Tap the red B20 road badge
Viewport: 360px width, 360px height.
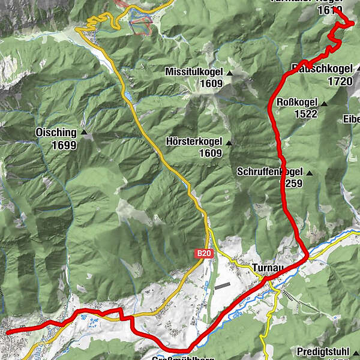(x=204, y=254)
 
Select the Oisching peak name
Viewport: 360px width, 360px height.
(x=56, y=133)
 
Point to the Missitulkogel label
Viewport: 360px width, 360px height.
(x=194, y=72)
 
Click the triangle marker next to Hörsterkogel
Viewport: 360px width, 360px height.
(x=228, y=142)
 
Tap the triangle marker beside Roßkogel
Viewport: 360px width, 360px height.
(x=324, y=104)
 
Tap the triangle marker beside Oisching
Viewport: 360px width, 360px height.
(x=84, y=133)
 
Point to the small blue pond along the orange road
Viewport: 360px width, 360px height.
(x=127, y=95)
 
